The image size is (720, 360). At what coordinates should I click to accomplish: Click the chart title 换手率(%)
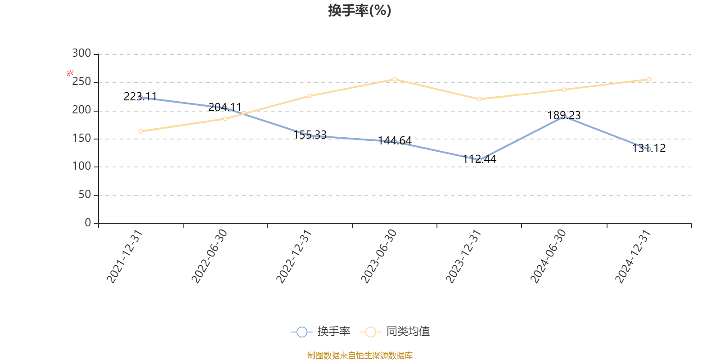coord(360,10)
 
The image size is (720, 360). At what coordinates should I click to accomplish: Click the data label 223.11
coord(140,96)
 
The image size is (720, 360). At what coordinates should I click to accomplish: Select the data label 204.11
coord(225,107)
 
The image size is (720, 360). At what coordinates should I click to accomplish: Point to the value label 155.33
coord(310,135)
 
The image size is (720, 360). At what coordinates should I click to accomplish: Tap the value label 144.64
coord(394,140)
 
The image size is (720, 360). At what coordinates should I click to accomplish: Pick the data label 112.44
coord(479,159)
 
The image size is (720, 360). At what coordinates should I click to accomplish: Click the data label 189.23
coord(564,115)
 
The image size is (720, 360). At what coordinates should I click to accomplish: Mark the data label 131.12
coord(648,148)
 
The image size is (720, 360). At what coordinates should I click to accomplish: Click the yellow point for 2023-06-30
coord(394,79)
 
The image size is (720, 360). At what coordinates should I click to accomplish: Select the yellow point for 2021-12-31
coord(140,131)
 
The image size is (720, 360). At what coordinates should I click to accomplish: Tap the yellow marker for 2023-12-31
coord(479,99)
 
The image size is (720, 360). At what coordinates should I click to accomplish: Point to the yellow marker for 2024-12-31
coord(648,79)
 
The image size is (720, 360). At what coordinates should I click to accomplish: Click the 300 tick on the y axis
coord(81,54)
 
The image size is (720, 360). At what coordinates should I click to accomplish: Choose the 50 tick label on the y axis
coord(85,195)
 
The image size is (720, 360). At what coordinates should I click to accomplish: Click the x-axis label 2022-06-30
coord(209,256)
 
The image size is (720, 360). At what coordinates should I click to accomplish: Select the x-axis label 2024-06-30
coord(548,256)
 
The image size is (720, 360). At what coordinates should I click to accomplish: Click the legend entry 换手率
coord(320,331)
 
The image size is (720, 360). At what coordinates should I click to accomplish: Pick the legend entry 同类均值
coord(395,331)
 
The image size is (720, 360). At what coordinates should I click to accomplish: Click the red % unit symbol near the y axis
coord(70,73)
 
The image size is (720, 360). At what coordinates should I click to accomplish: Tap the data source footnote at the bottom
coord(360,355)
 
